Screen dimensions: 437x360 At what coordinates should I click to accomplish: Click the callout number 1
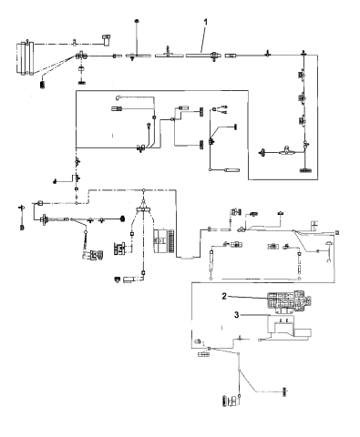coord(206,21)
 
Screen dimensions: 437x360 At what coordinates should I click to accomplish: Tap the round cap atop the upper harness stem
coord(137,20)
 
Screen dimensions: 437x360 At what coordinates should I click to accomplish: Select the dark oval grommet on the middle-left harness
coord(121,218)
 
